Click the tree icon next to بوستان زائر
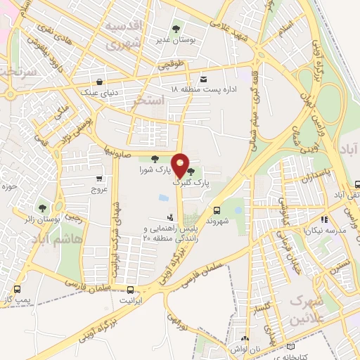click(42, 208)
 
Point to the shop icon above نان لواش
click(244, 339)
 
